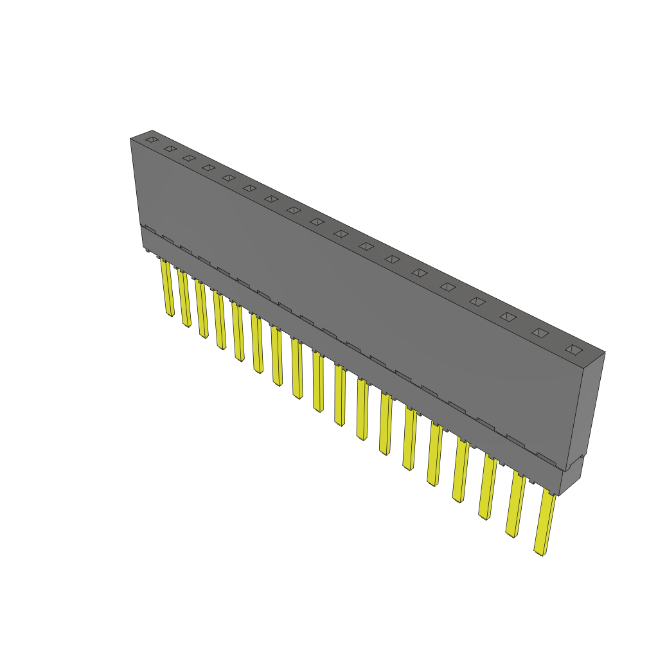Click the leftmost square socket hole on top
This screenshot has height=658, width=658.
point(151,139)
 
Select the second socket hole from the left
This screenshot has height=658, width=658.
point(170,148)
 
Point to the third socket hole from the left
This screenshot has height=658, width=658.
point(188,157)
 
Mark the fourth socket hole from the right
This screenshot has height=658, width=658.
point(477,301)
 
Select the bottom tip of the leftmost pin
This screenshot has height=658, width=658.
point(170,314)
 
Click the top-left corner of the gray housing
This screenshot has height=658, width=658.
point(131,139)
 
